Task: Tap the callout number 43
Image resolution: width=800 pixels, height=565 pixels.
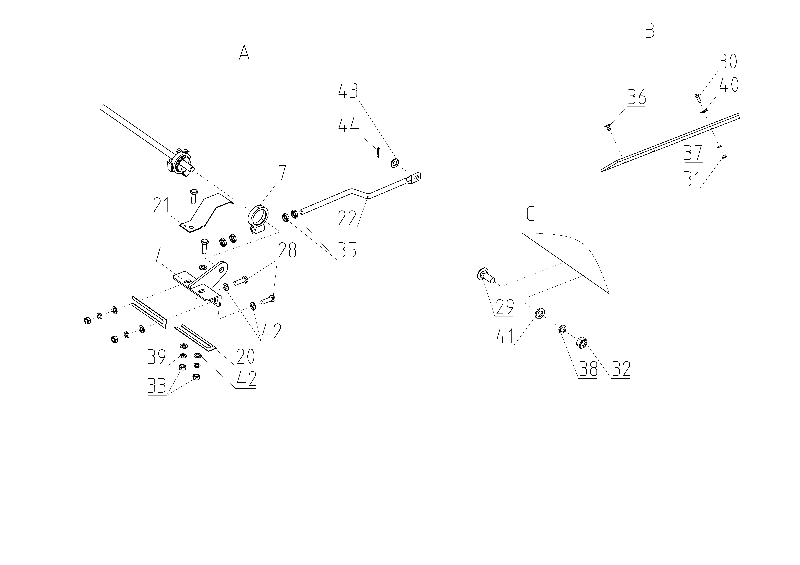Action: pos(348,90)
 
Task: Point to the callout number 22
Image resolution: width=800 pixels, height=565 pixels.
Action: pos(347,219)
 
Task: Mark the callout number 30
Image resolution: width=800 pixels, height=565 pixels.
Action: pos(728,61)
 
